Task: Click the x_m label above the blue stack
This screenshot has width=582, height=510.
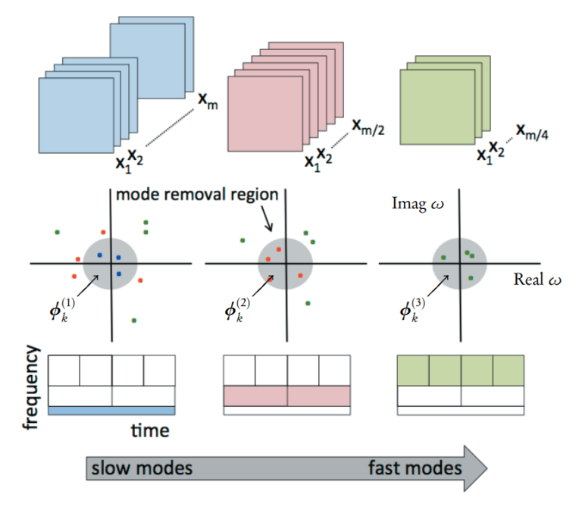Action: tap(208, 102)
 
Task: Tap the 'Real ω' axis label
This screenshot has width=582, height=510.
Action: tap(538, 280)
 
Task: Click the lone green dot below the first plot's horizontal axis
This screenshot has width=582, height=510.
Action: tap(134, 321)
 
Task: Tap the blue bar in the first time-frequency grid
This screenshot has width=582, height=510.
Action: tap(111, 410)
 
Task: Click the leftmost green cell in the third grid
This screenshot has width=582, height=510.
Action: tap(413, 371)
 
